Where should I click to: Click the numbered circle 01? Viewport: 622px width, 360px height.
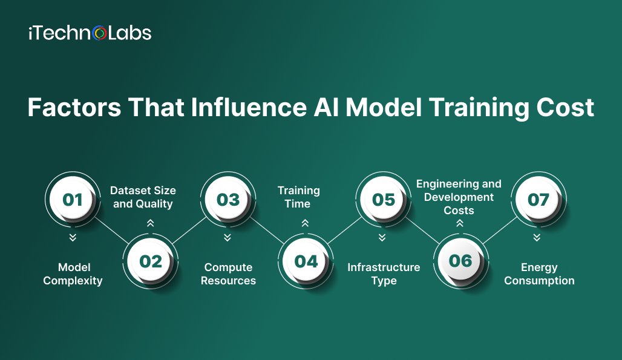pyautogui.click(x=73, y=200)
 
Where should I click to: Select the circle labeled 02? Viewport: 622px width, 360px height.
pyautogui.click(x=150, y=261)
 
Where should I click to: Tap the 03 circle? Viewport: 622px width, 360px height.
pyautogui.click(x=228, y=200)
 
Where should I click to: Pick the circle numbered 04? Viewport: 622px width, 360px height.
pyautogui.click(x=306, y=261)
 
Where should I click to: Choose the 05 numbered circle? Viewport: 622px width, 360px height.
pyautogui.click(x=383, y=200)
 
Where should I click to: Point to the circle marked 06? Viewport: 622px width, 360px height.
pyautogui.click(x=461, y=261)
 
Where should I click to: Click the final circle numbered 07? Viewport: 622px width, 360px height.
pyautogui.click(x=539, y=200)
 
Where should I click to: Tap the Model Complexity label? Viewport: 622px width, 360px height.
pyautogui.click(x=73, y=274)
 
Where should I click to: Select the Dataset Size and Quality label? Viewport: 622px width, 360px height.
pyautogui.click(x=143, y=197)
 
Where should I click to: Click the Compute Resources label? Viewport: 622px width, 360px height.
pyautogui.click(x=228, y=274)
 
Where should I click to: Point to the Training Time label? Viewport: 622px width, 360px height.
pyautogui.click(x=298, y=197)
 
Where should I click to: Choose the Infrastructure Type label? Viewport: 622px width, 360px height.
pyautogui.click(x=384, y=274)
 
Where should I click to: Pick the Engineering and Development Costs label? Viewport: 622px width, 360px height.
pyautogui.click(x=459, y=197)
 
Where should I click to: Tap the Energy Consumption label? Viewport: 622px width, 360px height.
pyautogui.click(x=539, y=274)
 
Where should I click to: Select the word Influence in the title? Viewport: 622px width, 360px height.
pyautogui.click(x=249, y=108)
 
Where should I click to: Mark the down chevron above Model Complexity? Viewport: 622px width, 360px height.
pyautogui.click(x=73, y=238)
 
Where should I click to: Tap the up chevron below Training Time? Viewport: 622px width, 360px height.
pyautogui.click(x=305, y=223)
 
